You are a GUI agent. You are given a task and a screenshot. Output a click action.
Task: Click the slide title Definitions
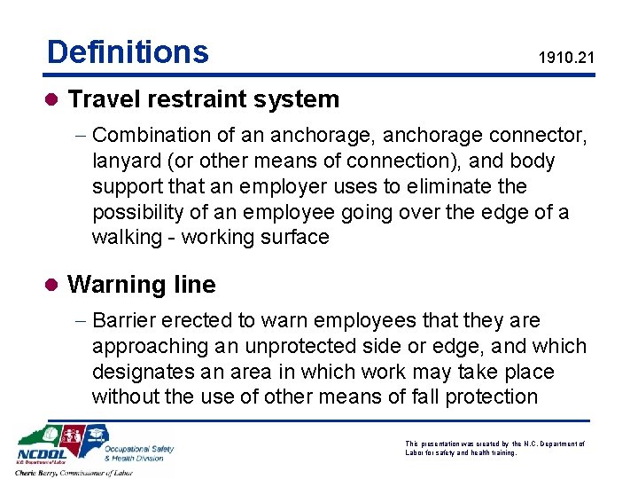pos(128,52)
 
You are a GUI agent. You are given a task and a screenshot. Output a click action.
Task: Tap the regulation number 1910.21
pos(566,59)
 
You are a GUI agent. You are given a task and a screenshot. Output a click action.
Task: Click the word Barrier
pos(125,320)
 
